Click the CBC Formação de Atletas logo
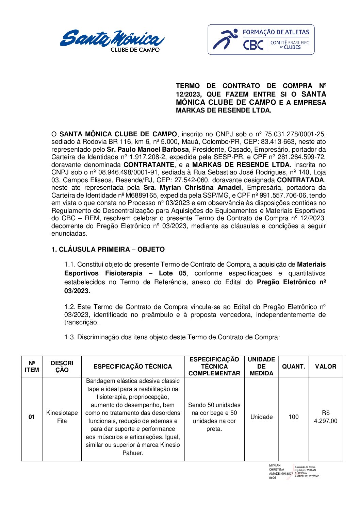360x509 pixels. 261,40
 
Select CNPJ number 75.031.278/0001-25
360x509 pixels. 295,134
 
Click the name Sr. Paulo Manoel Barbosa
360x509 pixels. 148,150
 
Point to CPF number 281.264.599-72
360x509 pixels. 299,157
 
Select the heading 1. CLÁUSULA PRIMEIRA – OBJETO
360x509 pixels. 108,250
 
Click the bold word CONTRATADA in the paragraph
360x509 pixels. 300,180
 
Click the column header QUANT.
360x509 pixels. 293,367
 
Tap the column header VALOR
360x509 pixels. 325,367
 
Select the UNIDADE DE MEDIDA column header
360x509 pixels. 261,367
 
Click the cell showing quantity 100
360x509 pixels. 293,417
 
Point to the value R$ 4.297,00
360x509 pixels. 325,417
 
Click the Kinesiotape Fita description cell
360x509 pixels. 62,417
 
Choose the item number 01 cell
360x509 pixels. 32,417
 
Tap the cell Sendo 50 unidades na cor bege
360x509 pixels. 214,417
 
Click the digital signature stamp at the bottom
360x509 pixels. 293,472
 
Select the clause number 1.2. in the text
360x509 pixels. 70,307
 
